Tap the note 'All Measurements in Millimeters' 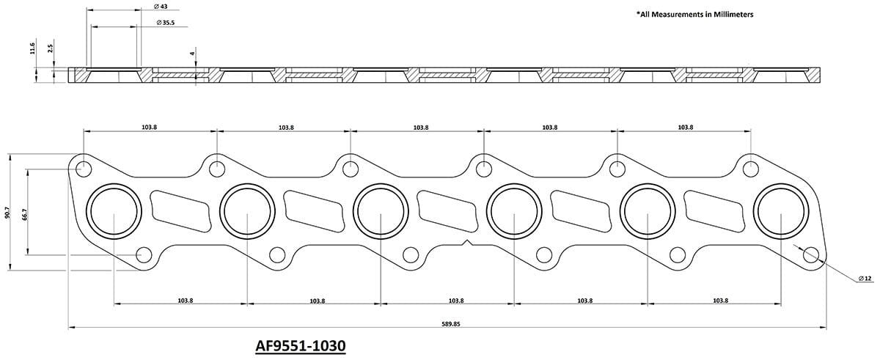(x=696, y=14)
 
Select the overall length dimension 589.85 (x=450, y=323)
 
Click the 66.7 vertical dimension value (x=26, y=213)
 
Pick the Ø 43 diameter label (x=162, y=7)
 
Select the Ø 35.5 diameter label (x=167, y=23)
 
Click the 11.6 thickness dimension (x=33, y=48)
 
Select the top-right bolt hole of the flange (x=750, y=169)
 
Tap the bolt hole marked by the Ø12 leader (x=810, y=254)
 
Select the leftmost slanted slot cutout (x=180, y=210)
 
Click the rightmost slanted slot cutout (x=714, y=210)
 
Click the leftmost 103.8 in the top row (x=149, y=128)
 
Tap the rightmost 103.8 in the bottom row (x=720, y=301)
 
